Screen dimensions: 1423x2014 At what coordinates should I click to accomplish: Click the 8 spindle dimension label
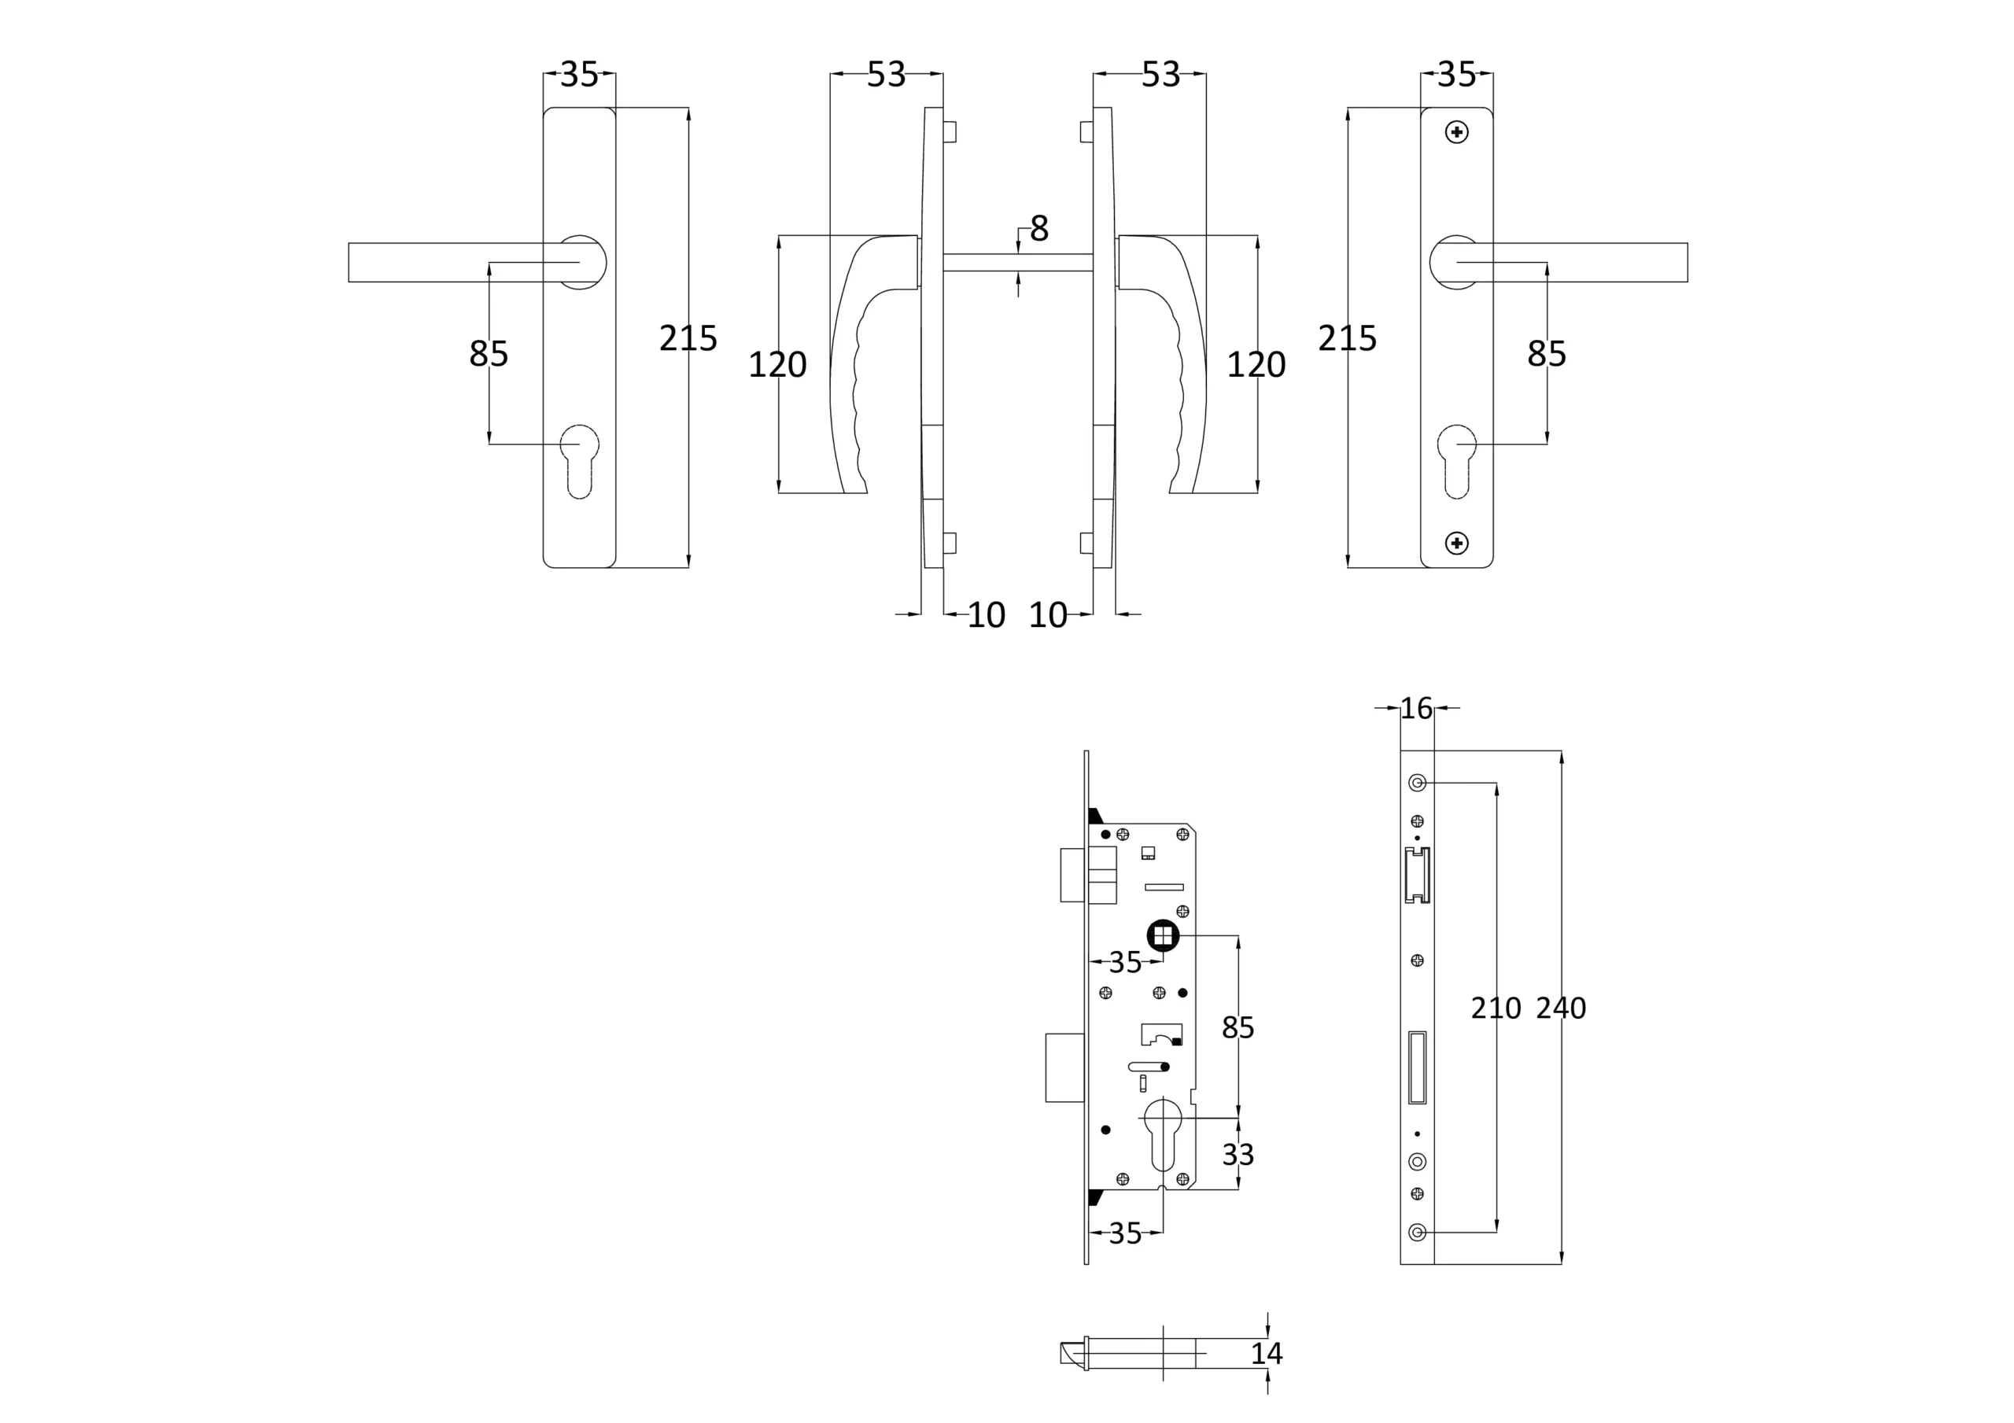point(1038,228)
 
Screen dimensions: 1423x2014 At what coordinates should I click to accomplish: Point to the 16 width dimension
point(1416,708)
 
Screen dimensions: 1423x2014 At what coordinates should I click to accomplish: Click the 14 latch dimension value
point(1267,1354)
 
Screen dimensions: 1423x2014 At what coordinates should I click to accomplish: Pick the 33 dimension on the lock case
point(1238,1155)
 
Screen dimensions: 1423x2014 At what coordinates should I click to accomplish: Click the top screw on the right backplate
point(1457,132)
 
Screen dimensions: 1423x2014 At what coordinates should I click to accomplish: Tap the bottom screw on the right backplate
point(1457,543)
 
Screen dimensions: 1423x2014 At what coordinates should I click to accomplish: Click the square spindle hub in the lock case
point(1163,936)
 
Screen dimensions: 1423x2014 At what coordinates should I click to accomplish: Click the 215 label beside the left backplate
point(688,339)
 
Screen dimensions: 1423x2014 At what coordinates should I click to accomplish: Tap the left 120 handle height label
point(777,365)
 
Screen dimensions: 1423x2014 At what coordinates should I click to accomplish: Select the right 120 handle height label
point(1256,365)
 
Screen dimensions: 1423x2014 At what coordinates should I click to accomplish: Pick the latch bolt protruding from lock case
point(1074,875)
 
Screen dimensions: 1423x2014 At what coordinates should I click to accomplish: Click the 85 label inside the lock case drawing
point(1238,1027)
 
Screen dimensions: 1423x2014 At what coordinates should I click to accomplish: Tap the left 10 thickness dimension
point(986,615)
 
